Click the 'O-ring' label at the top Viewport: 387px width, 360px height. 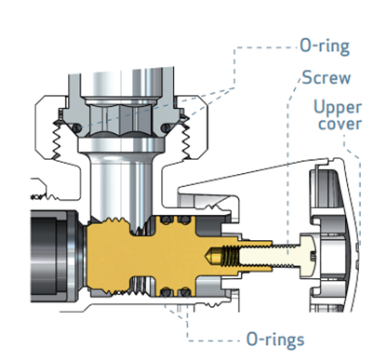coord(325,47)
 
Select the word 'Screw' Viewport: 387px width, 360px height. coord(327,77)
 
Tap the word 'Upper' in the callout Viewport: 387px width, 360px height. coord(338,108)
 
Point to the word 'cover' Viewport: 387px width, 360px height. coord(340,124)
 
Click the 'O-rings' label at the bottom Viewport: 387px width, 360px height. coord(275,340)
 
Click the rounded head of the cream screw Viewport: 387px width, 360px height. coord(308,255)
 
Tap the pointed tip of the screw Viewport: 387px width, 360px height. coord(207,255)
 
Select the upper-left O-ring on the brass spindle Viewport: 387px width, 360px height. coord(167,220)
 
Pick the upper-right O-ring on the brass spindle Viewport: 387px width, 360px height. coord(185,220)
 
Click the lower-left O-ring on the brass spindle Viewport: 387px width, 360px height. coord(167,291)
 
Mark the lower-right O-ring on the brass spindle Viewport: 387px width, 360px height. coord(185,291)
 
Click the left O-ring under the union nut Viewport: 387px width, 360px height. coord(78,127)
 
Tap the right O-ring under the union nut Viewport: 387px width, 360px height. coord(166,127)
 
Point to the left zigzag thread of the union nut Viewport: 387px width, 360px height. coord(57,140)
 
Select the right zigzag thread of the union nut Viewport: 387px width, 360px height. coord(186,140)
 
